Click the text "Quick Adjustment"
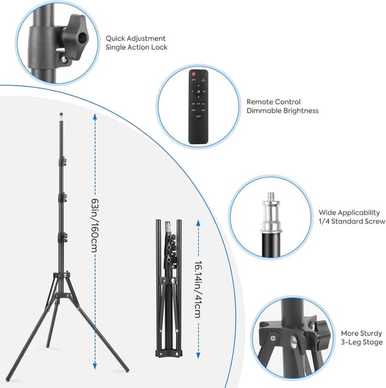[136, 38]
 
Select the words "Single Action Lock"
[137, 47]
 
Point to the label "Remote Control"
[273, 102]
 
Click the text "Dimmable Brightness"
[282, 111]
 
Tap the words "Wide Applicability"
[350, 212]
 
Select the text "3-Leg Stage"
[361, 342]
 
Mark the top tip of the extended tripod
[62, 113]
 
